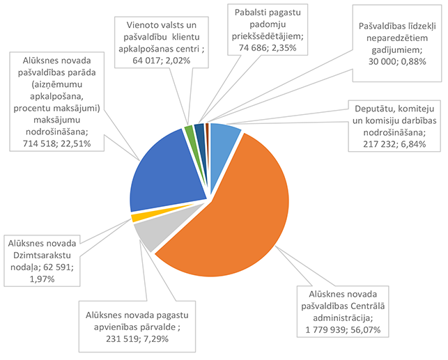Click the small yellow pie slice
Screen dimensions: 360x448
135,218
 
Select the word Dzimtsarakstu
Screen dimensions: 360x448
43,256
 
